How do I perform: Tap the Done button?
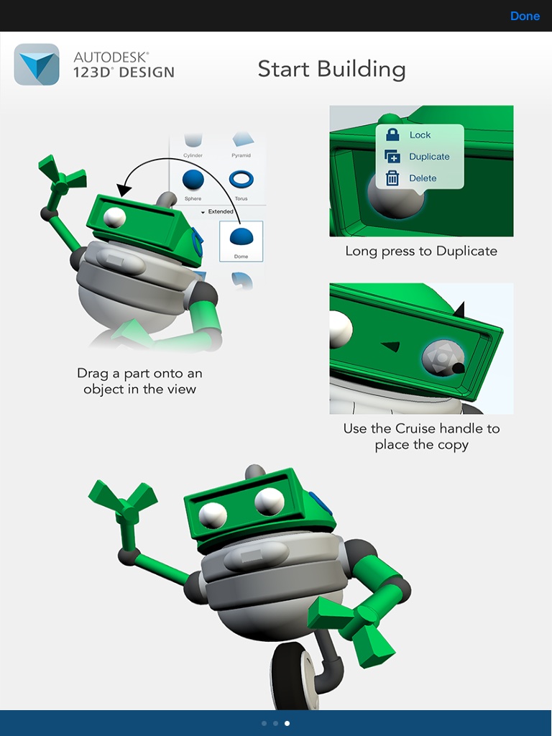525,16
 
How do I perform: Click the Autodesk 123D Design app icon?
37,65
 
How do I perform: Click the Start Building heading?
331,69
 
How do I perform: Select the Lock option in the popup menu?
420,135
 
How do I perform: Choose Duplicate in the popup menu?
429,157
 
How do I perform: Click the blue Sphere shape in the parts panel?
193,180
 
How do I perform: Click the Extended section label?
221,212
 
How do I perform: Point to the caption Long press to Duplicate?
421,251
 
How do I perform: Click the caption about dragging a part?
139,381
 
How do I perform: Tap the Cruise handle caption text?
421,436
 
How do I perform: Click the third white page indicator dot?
287,723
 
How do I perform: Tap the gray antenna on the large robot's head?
255,471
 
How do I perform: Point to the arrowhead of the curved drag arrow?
124,190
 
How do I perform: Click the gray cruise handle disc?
443,358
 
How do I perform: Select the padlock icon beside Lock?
392,134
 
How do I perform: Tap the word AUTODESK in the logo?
111,57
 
